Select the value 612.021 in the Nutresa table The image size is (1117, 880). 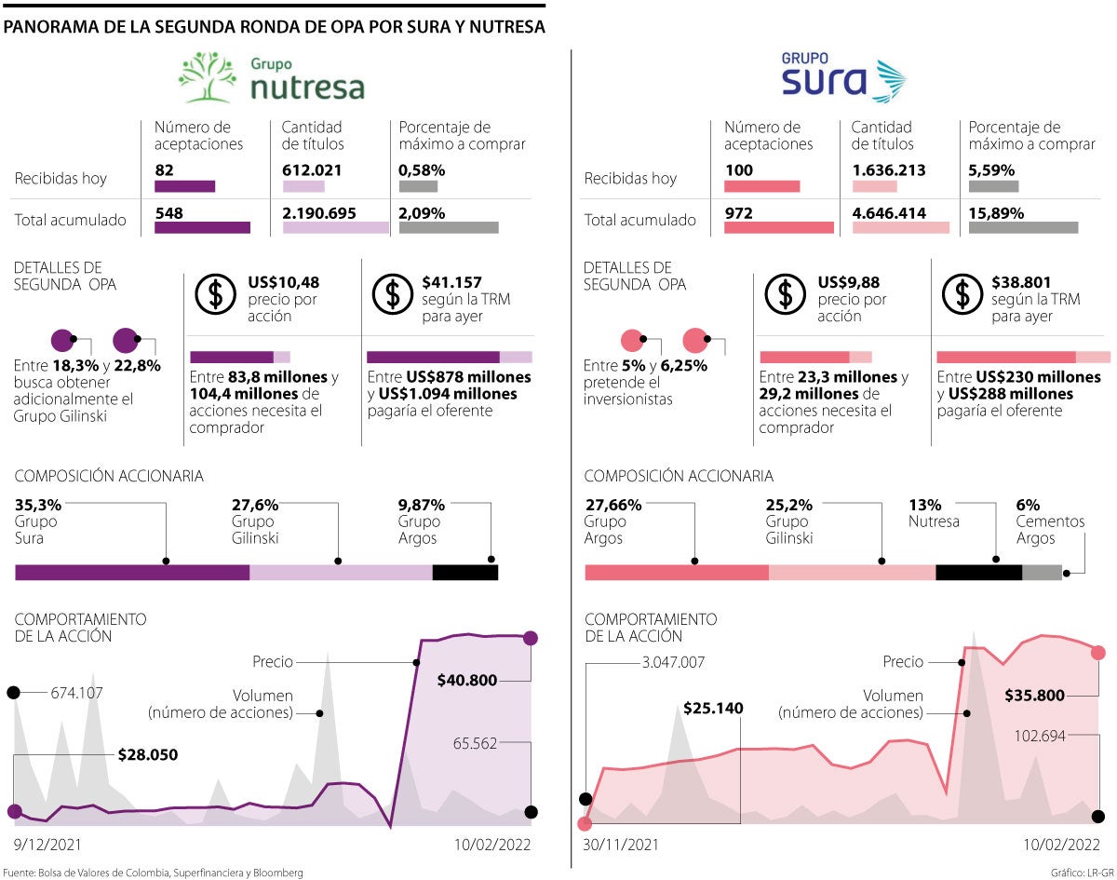(x=312, y=170)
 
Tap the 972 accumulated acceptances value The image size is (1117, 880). (x=738, y=213)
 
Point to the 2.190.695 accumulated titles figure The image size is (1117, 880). (x=319, y=213)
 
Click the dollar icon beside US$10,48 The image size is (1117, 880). (x=216, y=295)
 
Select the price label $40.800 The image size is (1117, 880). (x=467, y=681)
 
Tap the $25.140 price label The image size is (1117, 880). (x=713, y=708)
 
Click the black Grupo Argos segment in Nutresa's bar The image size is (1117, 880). (x=465, y=572)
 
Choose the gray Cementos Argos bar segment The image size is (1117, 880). (x=1042, y=572)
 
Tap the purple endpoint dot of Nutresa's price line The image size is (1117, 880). (x=531, y=638)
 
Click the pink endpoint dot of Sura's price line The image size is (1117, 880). (x=1098, y=652)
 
